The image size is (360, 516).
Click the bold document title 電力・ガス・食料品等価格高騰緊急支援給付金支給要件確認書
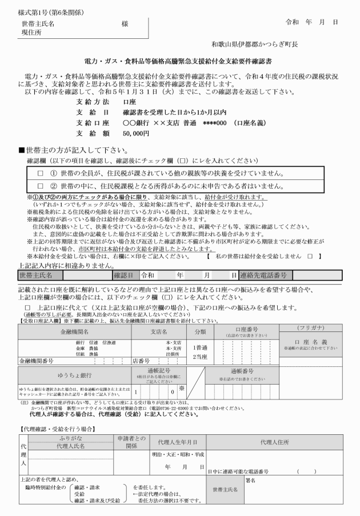point(180,61)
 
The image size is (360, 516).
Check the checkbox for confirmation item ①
point(41,173)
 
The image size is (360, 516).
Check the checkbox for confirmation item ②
point(41,186)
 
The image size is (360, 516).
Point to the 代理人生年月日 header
point(178,442)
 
